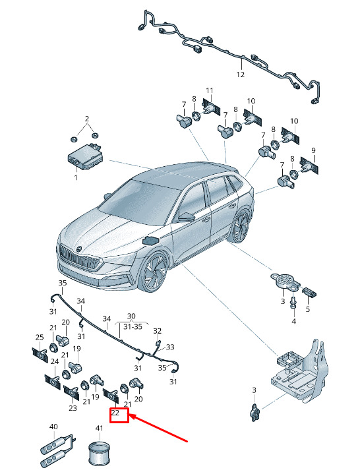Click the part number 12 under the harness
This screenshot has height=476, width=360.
point(240,74)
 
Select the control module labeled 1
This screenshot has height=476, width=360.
point(84,157)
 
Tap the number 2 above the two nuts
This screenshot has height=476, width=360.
point(87,119)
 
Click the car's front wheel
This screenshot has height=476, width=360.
point(155,271)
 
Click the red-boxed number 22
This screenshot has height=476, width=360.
point(115,413)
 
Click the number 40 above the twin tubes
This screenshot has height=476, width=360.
point(53,427)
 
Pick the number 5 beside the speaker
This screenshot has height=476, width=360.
point(308,309)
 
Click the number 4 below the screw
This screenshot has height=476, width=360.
point(293,321)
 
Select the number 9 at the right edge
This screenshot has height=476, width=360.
point(313,150)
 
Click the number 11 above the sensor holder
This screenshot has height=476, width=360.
point(210,90)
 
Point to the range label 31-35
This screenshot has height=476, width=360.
point(133,327)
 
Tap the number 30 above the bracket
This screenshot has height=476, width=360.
point(131,316)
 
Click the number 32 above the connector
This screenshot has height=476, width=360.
point(157,330)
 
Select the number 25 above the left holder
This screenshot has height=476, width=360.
point(40,337)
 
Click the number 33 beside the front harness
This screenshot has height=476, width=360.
point(170,347)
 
